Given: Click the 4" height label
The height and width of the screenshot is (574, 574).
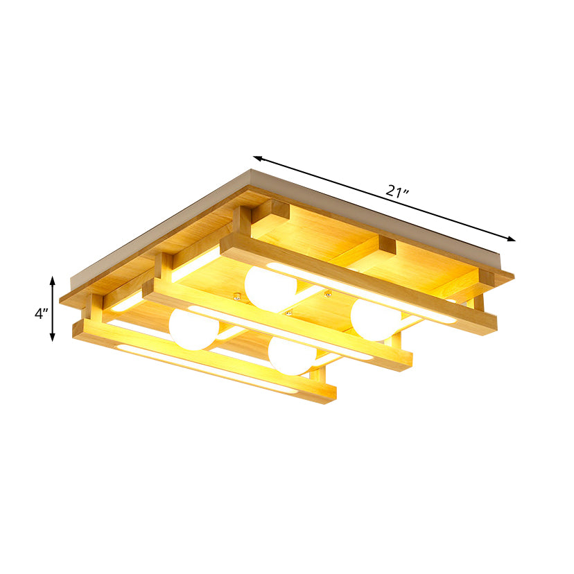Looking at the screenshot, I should (x=42, y=313).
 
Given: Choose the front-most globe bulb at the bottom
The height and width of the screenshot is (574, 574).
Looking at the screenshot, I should (x=291, y=356).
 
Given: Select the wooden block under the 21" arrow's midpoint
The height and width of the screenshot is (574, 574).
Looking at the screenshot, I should (x=386, y=245).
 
